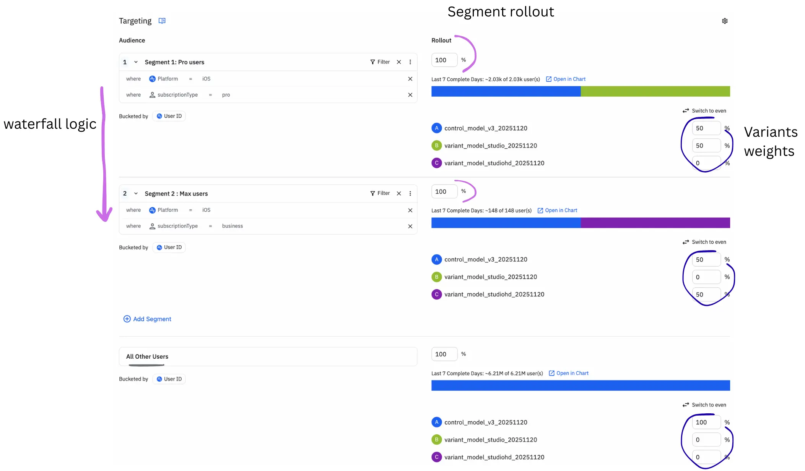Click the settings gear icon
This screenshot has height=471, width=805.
[725, 21]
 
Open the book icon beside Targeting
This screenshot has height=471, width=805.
[162, 21]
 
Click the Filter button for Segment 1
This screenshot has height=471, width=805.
[380, 62]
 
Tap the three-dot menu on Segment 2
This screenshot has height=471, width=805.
[410, 193]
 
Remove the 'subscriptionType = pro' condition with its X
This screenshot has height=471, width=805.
[410, 95]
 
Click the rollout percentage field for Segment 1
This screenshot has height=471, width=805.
[444, 60]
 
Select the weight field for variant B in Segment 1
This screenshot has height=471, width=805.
[706, 146]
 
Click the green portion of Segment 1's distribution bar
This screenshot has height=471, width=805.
[655, 91]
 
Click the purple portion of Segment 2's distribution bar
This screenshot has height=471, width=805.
[655, 223]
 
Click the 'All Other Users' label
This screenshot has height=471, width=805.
[147, 356]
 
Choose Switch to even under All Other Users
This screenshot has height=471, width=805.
[704, 405]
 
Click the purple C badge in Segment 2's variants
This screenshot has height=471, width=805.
[436, 295]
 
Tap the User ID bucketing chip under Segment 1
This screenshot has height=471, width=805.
[169, 116]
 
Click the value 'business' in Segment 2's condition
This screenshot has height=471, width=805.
[233, 226]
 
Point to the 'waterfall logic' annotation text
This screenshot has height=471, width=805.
[50, 124]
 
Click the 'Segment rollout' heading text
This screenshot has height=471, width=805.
[501, 12]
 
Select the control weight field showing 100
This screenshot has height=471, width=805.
[706, 422]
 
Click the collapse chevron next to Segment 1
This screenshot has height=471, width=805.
[136, 62]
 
